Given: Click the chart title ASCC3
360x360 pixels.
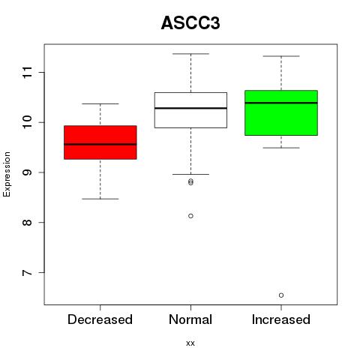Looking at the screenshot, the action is point(190,23).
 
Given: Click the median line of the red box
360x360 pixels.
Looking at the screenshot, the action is point(100,144).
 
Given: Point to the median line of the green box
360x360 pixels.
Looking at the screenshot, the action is point(281,103).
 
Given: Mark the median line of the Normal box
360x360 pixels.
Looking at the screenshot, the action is point(190,108).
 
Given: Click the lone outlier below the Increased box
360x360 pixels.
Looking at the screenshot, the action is point(281,295).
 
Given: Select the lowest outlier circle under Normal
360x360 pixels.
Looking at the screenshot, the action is point(190,216).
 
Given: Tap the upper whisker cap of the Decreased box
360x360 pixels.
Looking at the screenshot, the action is point(100,103).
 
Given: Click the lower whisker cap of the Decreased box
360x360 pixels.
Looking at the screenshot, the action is point(100,199).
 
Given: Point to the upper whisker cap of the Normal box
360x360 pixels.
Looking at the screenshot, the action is point(190,54).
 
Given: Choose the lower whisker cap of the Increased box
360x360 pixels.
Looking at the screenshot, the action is point(281,148).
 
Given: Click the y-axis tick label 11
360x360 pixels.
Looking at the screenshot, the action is point(28,73).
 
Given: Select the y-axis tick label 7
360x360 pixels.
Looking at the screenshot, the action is point(28,272).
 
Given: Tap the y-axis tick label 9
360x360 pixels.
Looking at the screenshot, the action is point(28,172).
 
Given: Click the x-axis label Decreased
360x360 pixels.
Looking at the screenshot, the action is point(100,319).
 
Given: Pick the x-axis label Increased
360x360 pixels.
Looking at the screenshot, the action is point(281,319).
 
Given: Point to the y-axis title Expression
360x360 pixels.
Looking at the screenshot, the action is point(7,174).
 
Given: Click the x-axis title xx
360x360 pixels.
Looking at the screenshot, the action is point(190,343).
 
